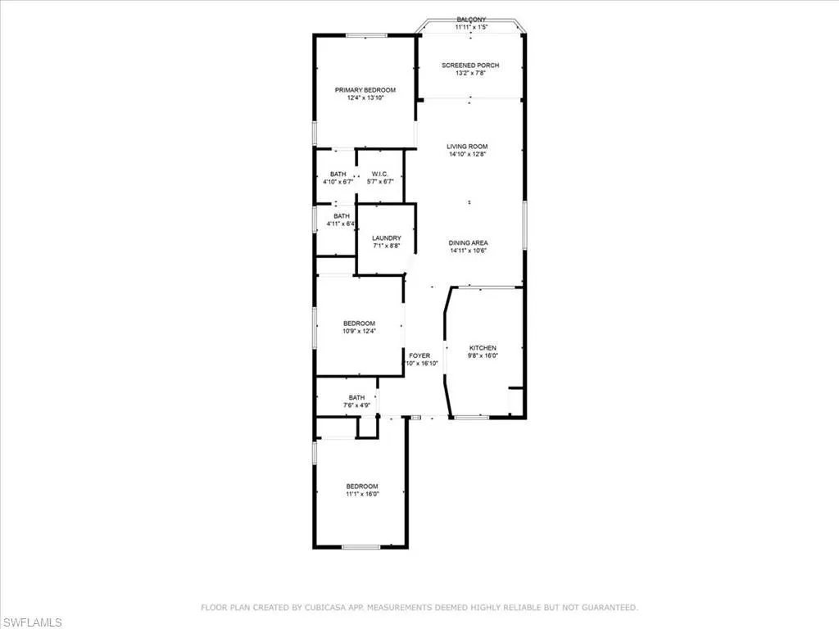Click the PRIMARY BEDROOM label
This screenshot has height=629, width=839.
pos(365,90)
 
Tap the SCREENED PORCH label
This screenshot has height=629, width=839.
pos(470,66)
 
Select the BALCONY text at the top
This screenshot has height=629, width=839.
pos(471,20)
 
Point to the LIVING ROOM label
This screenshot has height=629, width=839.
pos(468,147)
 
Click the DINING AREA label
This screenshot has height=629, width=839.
pos(469,242)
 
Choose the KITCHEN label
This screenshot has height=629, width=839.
pos(483,348)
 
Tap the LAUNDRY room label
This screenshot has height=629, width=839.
pos(386,238)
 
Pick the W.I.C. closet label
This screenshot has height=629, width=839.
pos(379,174)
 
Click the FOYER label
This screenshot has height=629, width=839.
pos(420,355)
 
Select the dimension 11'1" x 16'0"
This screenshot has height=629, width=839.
pos(361,494)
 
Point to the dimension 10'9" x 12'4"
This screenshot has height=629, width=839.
pos(359,332)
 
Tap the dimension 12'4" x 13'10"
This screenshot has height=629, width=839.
pos(365,98)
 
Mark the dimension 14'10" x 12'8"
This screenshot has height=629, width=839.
pos(468,155)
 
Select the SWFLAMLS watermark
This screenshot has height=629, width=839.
pos(32,622)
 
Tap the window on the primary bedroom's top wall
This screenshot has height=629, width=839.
pos(366,35)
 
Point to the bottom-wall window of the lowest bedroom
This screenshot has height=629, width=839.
pos(361,546)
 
